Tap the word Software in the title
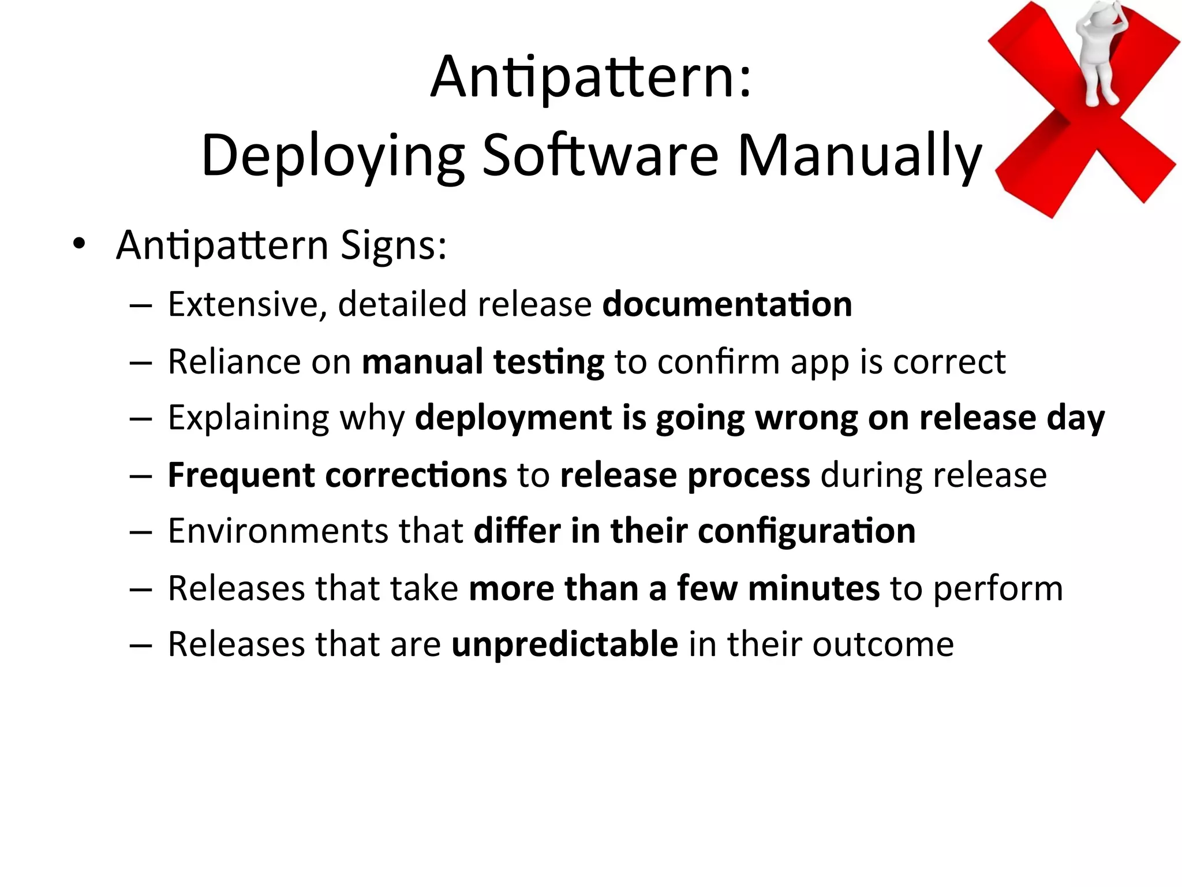[x=600, y=155]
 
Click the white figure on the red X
[x=1099, y=55]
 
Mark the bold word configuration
[x=807, y=532]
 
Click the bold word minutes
[x=814, y=588]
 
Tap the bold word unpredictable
[x=564, y=645]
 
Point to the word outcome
[x=883, y=644]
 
